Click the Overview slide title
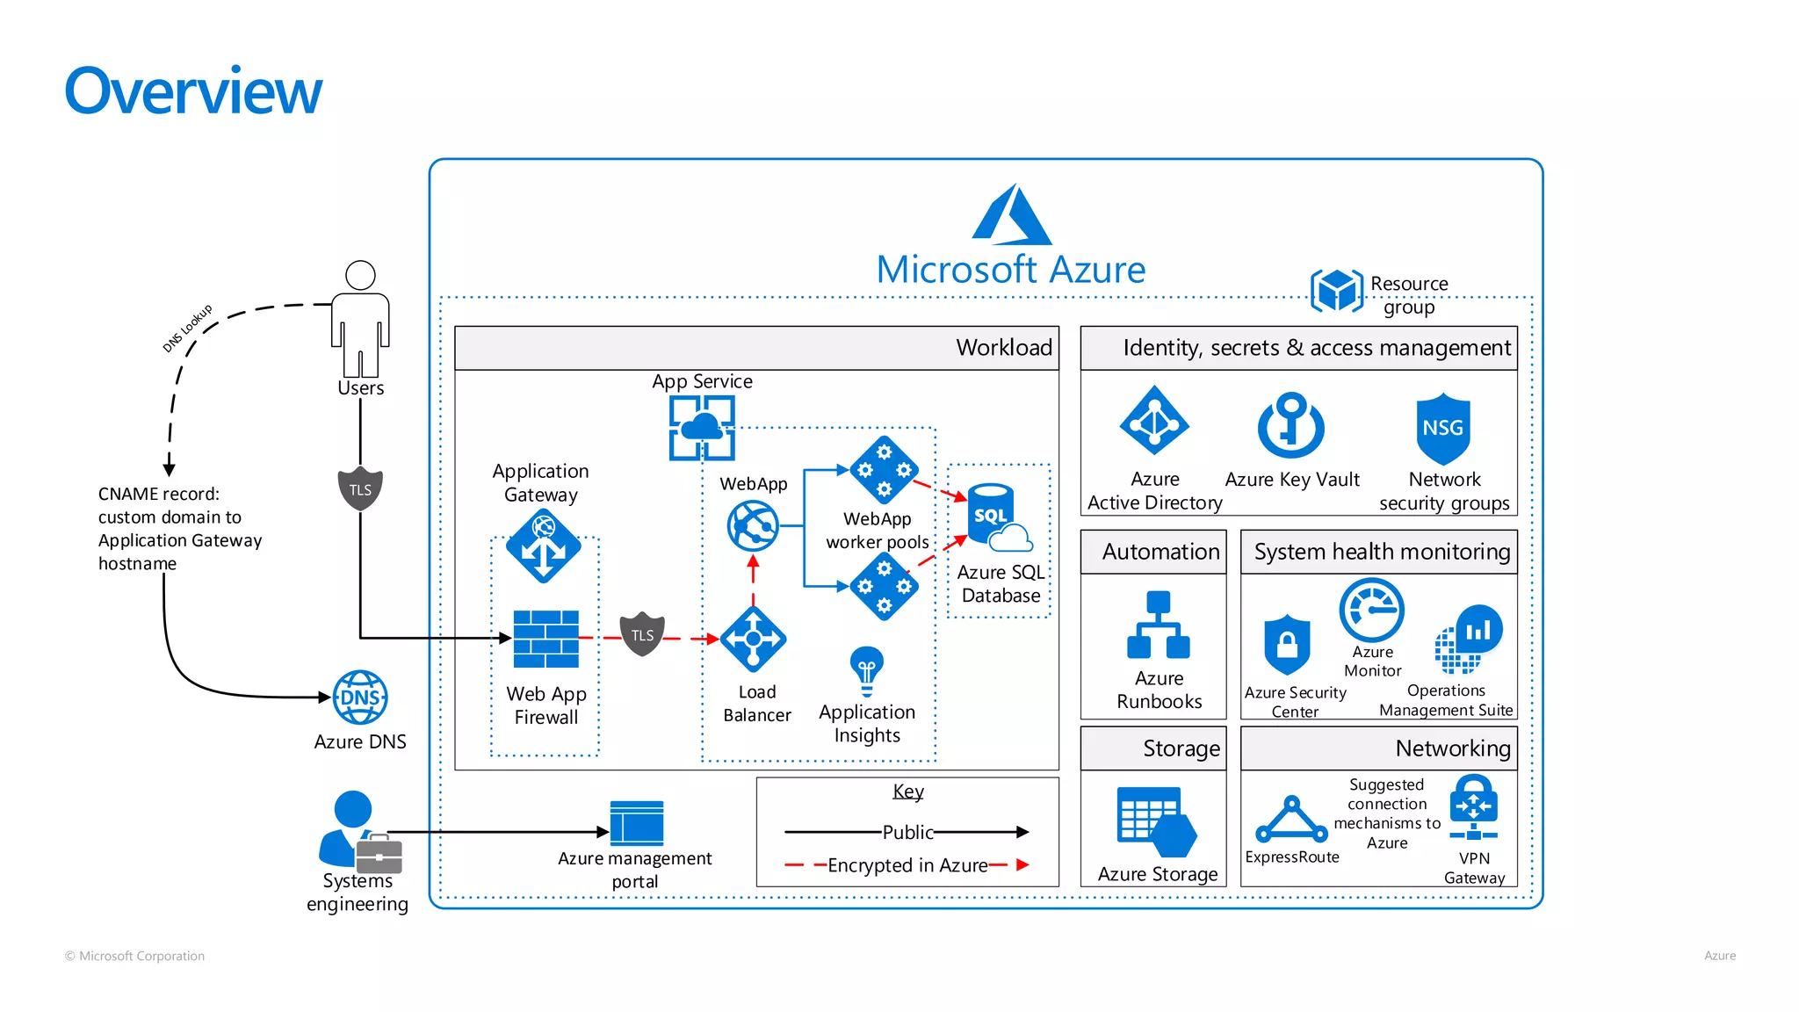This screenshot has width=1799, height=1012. pyautogui.click(x=193, y=91)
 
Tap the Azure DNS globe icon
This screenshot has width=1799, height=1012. pyautogui.click(x=360, y=698)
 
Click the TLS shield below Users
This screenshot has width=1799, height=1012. pyautogui.click(x=360, y=489)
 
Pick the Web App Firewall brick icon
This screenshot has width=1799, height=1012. pyautogui.click(x=545, y=639)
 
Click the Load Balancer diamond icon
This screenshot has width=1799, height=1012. pyautogui.click(x=753, y=639)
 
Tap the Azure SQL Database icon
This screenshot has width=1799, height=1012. pyautogui.click(x=998, y=517)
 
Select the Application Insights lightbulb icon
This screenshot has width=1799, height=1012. pyautogui.click(x=866, y=670)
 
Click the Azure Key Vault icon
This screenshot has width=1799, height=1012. pyautogui.click(x=1290, y=426)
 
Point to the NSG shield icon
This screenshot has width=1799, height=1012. pyautogui.click(x=1442, y=429)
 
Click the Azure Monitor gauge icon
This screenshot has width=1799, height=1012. pyautogui.click(x=1371, y=610)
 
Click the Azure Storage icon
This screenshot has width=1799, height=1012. pyautogui.click(x=1156, y=822)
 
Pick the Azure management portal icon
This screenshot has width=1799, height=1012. pyautogui.click(x=636, y=822)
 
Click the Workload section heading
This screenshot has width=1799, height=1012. pyautogui.click(x=1003, y=348)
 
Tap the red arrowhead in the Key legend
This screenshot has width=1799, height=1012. pyautogui.click(x=1022, y=865)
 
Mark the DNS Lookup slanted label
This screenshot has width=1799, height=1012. pyautogui.click(x=187, y=329)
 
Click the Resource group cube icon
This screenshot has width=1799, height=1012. pyautogui.click(x=1336, y=290)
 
